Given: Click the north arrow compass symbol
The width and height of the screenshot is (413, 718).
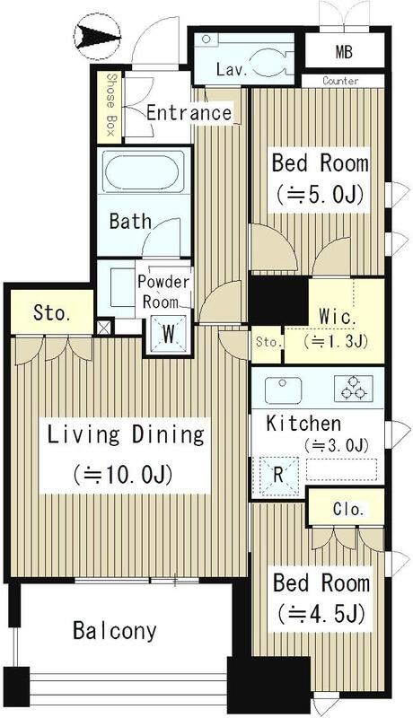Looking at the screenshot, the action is point(98,36).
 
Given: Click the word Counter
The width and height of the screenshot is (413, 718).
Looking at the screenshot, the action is point(340,81).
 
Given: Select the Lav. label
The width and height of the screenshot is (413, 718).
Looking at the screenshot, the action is point(233,70).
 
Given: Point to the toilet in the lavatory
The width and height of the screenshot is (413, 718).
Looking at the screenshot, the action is point(271,62).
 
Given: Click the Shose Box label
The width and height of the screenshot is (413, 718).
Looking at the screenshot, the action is point(110,105).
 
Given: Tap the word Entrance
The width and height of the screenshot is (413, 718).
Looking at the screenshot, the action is point(189,113).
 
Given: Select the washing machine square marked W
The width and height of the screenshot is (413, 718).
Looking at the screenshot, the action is point(169,335).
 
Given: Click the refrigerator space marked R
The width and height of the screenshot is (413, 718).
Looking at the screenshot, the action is point(278,476).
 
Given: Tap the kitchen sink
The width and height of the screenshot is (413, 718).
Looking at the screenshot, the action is point(283,390).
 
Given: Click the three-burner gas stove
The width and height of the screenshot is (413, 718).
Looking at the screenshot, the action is point(353,389).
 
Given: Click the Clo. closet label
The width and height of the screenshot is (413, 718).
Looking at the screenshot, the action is point(348,509).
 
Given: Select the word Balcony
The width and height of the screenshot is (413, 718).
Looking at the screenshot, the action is point(114,632).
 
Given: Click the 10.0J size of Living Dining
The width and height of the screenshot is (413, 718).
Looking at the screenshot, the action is point(122,475).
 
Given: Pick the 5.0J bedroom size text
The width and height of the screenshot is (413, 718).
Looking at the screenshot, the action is point(320,194).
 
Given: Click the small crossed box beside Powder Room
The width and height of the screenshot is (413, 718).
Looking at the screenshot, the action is point(104,327).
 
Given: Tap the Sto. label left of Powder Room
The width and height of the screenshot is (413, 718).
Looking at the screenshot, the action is point(51,314).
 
